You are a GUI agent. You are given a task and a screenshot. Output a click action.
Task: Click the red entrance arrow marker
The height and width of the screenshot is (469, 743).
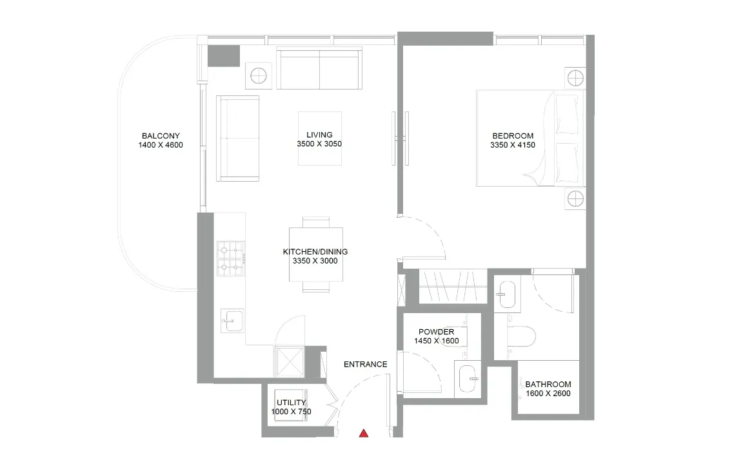[364, 434]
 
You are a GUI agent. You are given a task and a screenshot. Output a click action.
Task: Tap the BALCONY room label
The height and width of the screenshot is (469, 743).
[161, 136]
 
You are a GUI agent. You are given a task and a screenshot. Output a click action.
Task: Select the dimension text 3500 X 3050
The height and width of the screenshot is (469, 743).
[315, 144]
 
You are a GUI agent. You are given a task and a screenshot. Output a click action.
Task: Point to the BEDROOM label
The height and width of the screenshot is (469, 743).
[513, 136]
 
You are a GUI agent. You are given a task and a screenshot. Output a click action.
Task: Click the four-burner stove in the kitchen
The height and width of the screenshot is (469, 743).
[230, 258]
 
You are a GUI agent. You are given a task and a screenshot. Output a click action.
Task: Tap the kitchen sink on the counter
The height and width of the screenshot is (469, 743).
[232, 320]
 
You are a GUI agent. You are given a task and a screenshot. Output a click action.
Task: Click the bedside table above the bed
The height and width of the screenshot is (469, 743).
[575, 79]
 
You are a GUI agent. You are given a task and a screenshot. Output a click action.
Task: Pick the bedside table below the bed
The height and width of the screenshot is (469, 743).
[575, 199]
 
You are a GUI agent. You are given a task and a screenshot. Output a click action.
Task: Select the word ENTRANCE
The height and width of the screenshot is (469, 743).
[365, 365]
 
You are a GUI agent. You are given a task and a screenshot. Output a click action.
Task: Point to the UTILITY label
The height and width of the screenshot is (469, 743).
[291, 403]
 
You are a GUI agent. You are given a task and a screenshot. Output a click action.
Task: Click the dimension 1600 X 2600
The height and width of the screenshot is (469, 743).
[548, 394]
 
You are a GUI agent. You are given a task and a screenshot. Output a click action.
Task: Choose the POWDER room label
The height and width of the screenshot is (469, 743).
[437, 332]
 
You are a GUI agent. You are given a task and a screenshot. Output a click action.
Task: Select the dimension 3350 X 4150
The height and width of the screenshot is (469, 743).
[513, 145]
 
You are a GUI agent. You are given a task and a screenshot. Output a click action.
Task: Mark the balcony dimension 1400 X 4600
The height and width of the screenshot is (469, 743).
[161, 145]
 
